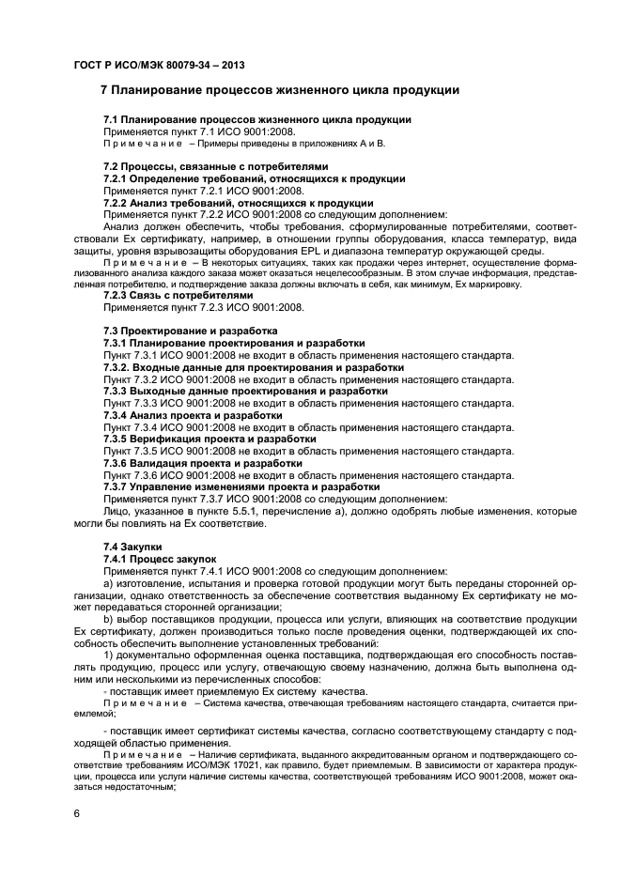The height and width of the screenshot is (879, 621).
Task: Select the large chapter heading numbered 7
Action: (279, 91)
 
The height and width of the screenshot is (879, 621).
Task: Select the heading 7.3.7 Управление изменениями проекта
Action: (228, 487)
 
